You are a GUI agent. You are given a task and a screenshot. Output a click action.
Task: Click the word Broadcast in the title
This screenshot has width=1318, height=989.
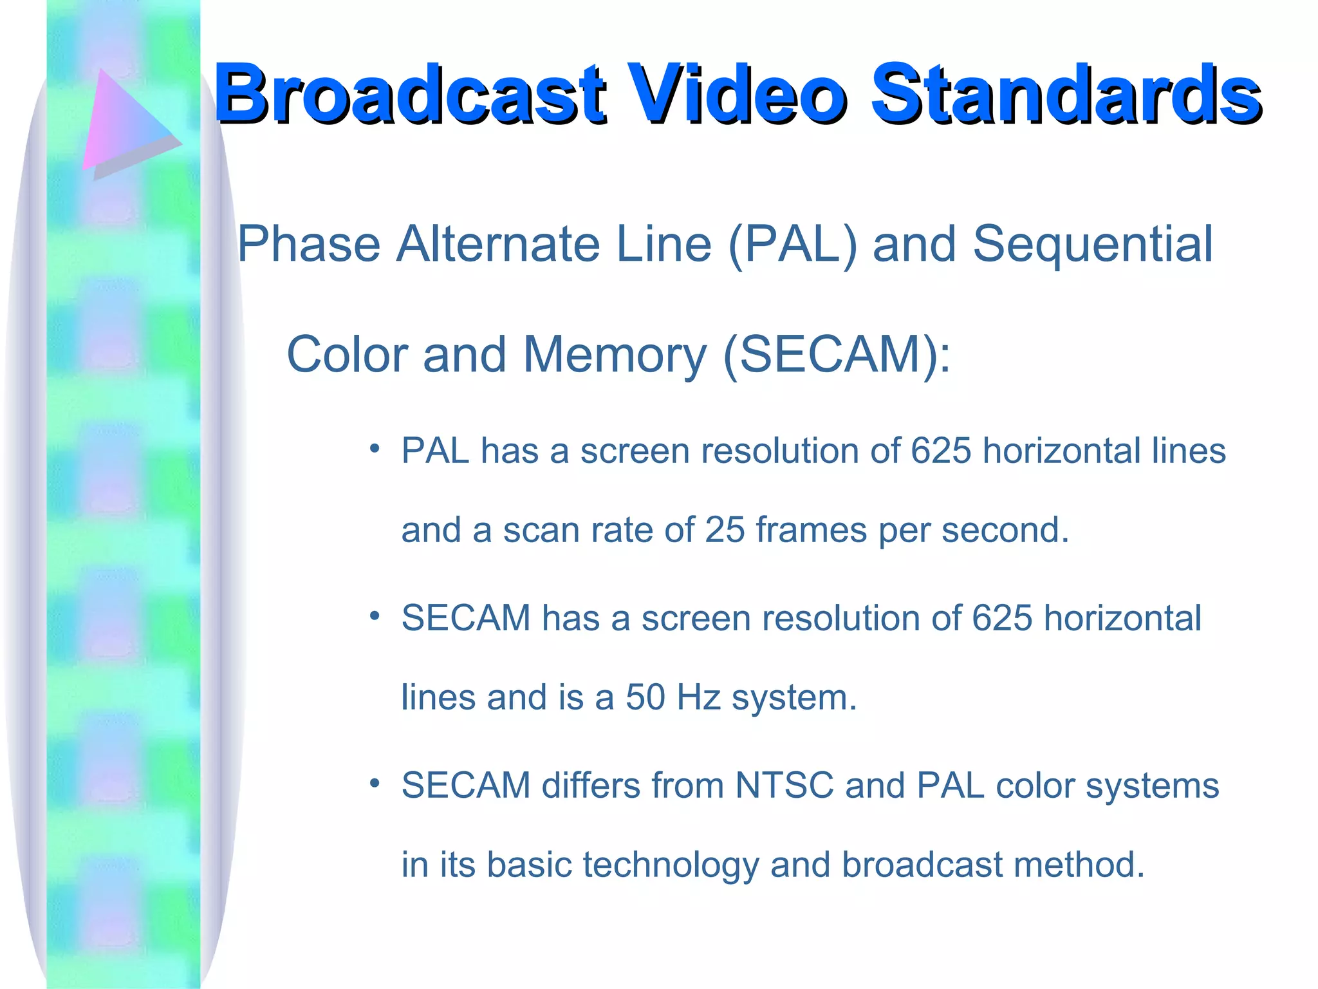[409, 94]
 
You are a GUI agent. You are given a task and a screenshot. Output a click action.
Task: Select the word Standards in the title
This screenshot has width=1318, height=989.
[1065, 94]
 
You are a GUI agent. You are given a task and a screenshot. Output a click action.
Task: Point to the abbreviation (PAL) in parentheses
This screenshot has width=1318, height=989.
[792, 245]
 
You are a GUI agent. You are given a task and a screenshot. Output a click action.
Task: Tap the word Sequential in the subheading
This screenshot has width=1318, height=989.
[1092, 245]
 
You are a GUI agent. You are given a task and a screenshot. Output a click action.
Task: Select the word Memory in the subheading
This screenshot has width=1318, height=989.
[615, 355]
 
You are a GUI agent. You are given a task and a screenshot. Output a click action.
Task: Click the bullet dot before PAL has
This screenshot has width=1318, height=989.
[375, 449]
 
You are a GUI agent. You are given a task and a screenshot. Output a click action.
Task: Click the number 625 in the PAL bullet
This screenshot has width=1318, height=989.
[940, 451]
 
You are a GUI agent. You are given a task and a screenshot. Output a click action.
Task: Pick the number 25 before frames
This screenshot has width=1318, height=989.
[725, 531]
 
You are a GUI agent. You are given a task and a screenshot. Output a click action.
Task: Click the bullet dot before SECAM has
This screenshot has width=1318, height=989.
[375, 616]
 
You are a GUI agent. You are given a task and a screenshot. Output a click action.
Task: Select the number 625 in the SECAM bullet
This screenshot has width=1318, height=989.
[1001, 619]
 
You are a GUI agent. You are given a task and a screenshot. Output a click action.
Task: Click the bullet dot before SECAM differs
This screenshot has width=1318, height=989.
[375, 784]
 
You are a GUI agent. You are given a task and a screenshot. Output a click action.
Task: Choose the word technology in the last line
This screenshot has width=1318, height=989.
[671, 865]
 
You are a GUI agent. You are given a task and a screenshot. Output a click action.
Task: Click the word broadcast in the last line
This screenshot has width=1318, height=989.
[922, 865]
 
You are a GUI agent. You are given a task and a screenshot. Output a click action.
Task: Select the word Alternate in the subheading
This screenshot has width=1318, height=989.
[498, 245]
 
